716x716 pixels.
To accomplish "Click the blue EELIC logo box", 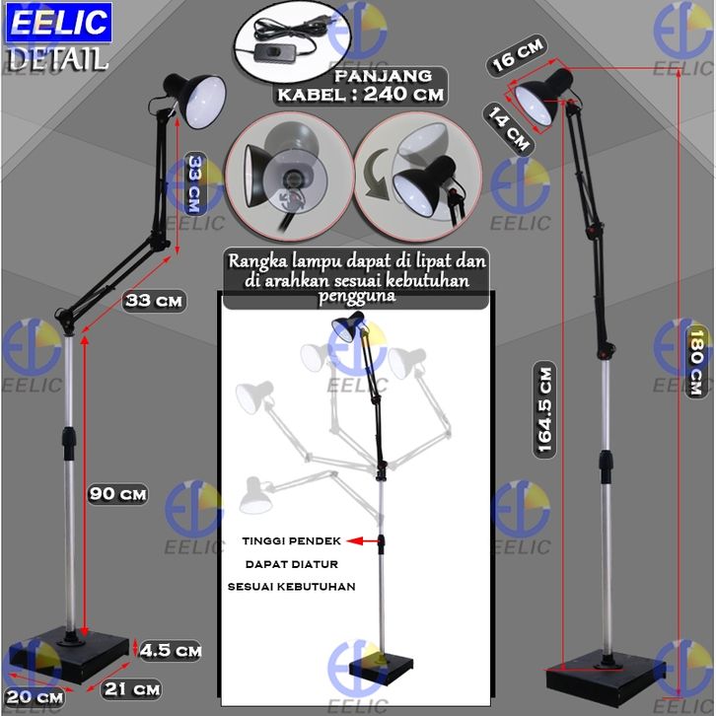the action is point(59,22).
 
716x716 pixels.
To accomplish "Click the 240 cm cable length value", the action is point(403,94).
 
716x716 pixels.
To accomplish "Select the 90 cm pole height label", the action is point(117,494).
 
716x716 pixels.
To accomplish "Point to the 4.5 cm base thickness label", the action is point(171,650).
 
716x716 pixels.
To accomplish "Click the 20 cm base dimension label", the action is point(35,697).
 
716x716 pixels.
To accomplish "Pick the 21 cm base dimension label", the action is point(132,689).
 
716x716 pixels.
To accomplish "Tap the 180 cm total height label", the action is point(696,362).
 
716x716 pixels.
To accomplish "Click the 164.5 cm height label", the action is point(544,409).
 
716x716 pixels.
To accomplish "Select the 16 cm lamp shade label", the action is point(518,55).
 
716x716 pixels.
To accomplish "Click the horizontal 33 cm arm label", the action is point(154,301).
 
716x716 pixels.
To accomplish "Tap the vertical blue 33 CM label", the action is point(195,184).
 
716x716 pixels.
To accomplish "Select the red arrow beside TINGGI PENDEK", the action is point(364,541).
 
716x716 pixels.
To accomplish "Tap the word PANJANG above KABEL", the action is point(383,76).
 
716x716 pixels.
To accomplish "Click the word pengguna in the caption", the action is point(357,296).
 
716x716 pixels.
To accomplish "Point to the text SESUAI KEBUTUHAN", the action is point(292,587).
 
